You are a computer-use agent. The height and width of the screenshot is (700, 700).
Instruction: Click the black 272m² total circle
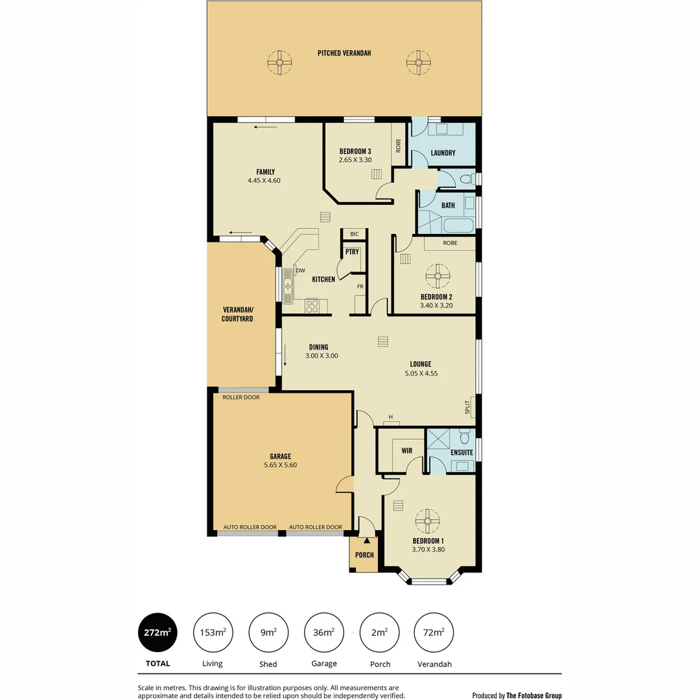click(x=157, y=633)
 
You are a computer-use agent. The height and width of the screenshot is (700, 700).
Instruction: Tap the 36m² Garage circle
click(x=324, y=633)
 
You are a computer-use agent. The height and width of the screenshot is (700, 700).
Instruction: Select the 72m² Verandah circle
click(x=434, y=633)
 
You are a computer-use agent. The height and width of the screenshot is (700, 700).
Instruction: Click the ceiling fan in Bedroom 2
click(x=437, y=276)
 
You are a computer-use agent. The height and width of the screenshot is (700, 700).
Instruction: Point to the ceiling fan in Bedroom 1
click(x=428, y=521)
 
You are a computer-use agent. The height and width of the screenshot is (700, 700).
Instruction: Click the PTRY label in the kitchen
click(x=352, y=252)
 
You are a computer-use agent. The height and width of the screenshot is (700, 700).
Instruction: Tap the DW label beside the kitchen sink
click(x=301, y=271)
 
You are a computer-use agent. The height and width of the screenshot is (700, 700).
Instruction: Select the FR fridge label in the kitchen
click(x=360, y=285)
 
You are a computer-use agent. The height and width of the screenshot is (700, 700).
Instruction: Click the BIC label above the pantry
click(x=354, y=234)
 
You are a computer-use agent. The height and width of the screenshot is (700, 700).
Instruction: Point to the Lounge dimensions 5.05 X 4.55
click(x=420, y=373)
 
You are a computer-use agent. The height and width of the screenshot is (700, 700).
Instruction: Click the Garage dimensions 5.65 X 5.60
click(x=280, y=465)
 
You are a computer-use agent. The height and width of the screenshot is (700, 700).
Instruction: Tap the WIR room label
click(x=407, y=449)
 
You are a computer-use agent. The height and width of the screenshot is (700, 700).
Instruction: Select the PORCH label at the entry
click(x=364, y=555)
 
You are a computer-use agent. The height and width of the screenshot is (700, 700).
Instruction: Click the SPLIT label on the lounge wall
click(x=467, y=407)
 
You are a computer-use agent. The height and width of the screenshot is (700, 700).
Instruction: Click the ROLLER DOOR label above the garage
click(x=241, y=397)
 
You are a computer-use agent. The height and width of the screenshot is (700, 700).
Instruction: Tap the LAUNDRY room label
click(x=443, y=154)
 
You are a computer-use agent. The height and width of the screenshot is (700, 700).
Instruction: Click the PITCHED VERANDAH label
click(x=344, y=53)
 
